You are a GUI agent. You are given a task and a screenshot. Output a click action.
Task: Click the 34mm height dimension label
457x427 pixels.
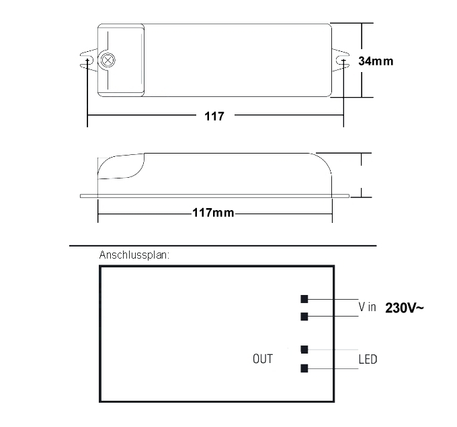click(x=376, y=61)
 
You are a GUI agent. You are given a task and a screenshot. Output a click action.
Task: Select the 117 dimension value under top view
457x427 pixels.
click(x=214, y=116)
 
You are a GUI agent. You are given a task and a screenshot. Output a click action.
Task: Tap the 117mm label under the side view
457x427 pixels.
click(x=213, y=213)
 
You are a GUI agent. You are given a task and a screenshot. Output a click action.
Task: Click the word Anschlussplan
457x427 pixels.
click(x=134, y=255)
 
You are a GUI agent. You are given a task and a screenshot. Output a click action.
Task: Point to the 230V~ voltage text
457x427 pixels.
click(x=405, y=308)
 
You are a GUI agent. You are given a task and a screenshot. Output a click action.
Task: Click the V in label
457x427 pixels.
click(x=367, y=307)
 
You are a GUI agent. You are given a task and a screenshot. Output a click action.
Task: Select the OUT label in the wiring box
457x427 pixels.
click(x=263, y=358)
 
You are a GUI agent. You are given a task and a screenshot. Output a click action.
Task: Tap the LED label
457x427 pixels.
click(x=368, y=359)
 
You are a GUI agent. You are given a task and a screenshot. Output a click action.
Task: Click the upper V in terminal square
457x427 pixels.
click(x=304, y=299)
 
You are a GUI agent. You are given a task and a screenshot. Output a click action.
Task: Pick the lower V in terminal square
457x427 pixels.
click(x=304, y=316)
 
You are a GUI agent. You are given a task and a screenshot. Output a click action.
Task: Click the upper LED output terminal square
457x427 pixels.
click(x=304, y=350)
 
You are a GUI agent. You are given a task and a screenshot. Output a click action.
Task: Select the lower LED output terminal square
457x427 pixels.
click(x=304, y=368)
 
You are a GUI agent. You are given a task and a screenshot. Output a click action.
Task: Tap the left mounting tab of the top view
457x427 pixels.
click(x=87, y=60)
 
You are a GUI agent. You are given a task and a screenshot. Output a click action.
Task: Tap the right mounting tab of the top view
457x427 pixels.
click(x=341, y=60)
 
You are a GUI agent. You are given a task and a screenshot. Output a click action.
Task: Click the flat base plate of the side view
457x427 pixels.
click(x=215, y=196)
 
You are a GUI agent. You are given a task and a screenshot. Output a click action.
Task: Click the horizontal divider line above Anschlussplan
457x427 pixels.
click(x=222, y=245)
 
